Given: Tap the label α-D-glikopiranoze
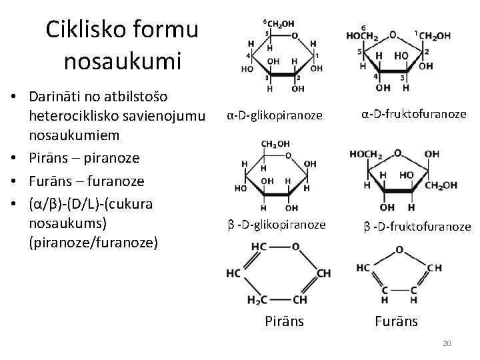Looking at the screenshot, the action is click(x=275, y=115).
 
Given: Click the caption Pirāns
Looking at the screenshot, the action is click(x=285, y=321).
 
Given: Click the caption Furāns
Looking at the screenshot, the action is click(x=397, y=321).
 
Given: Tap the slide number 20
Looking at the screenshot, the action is click(x=447, y=343).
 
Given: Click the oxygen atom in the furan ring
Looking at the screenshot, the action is click(x=399, y=251).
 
